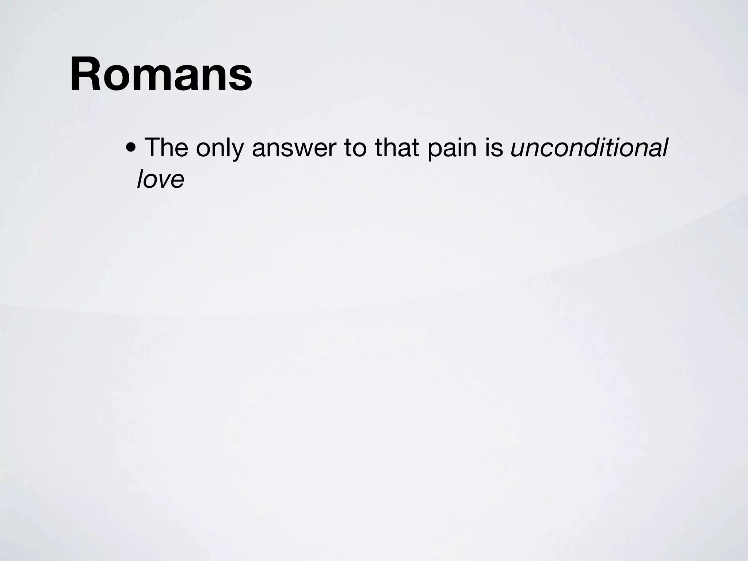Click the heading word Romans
(161, 74)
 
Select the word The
(166, 148)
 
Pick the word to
(355, 148)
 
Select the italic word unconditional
(589, 148)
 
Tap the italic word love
(160, 179)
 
